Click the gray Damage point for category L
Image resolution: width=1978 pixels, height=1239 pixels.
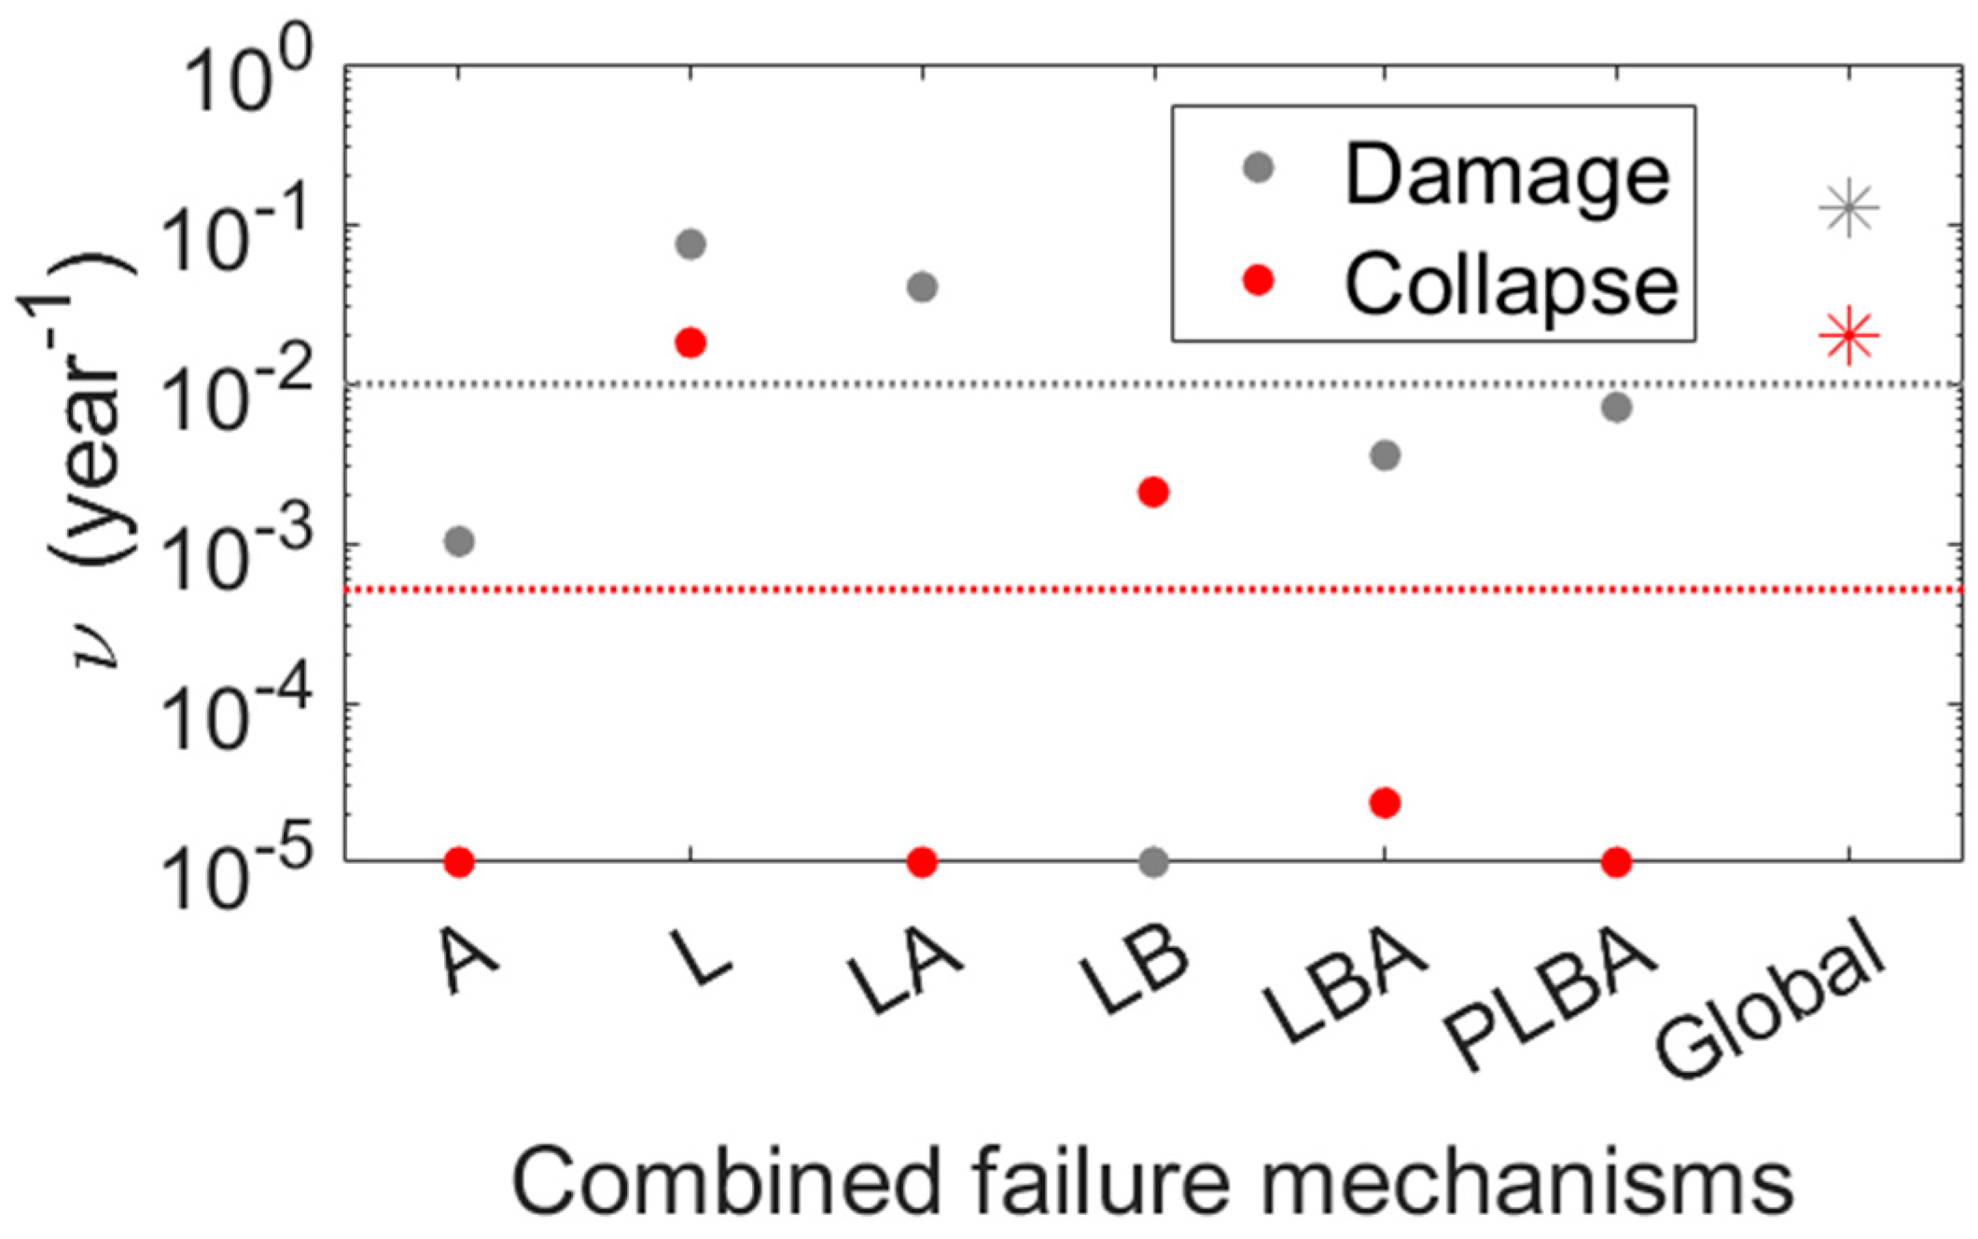pyautogui.click(x=690, y=244)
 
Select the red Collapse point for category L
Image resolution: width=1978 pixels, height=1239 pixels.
pyautogui.click(x=690, y=343)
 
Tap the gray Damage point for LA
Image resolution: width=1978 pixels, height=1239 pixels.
pyautogui.click(x=922, y=286)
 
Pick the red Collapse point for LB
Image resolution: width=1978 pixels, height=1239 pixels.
pyautogui.click(x=1153, y=492)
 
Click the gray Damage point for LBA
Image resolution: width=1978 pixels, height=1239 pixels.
pyautogui.click(x=1386, y=455)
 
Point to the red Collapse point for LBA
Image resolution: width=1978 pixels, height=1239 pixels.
pyautogui.click(x=1386, y=802)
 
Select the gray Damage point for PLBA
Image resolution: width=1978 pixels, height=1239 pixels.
pyautogui.click(x=1617, y=407)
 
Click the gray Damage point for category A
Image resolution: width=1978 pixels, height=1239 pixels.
pyautogui.click(x=459, y=541)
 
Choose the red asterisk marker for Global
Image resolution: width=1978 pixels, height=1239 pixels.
pyautogui.click(x=1848, y=337)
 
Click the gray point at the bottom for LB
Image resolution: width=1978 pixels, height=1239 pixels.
pyautogui.click(x=1153, y=862)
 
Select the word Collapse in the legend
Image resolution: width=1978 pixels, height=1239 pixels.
pyautogui.click(x=1511, y=285)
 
